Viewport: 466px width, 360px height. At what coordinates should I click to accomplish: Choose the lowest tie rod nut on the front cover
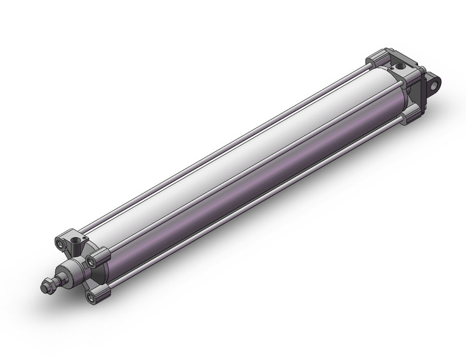pos(91,298)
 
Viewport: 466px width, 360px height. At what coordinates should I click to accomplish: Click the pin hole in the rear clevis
pos(435,81)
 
